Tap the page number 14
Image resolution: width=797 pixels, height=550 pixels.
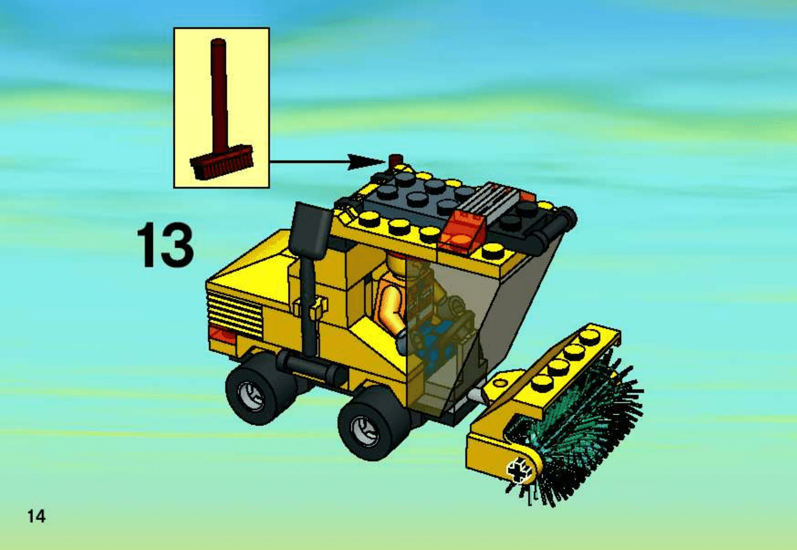coord(36,517)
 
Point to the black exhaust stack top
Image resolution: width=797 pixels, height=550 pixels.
coord(312,229)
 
